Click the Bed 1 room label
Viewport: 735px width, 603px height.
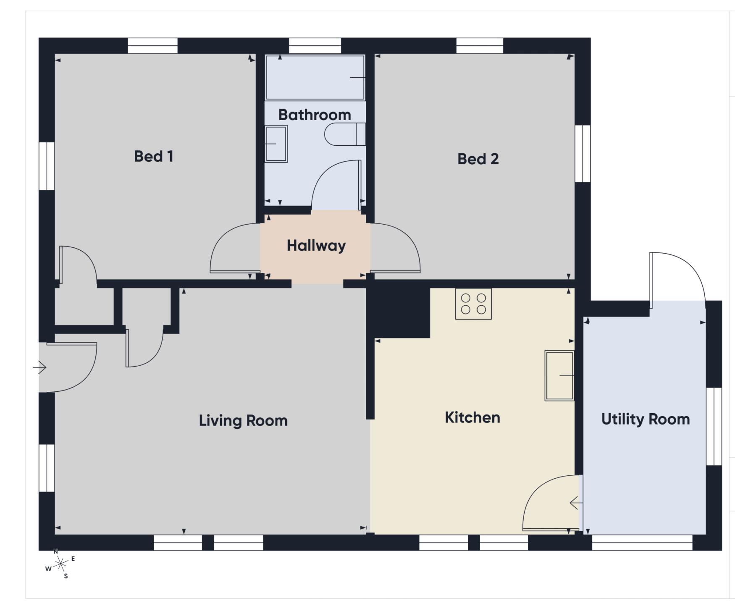(x=153, y=156)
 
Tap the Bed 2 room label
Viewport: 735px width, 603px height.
(x=478, y=159)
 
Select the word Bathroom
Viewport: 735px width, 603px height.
(x=315, y=115)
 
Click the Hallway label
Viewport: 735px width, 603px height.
(x=316, y=245)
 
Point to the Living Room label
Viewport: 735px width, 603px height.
(x=243, y=420)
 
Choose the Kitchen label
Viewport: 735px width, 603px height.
(x=472, y=417)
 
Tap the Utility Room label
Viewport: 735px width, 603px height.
(x=646, y=419)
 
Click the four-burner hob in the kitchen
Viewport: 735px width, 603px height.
(x=473, y=304)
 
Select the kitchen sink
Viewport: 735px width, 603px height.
(x=559, y=376)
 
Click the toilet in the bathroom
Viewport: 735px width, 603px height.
(x=345, y=134)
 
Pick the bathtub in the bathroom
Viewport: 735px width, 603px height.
(x=315, y=78)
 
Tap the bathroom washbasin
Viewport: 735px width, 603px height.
(x=276, y=144)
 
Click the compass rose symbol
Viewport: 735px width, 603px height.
(x=61, y=564)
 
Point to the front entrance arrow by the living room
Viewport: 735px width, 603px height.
(x=39, y=367)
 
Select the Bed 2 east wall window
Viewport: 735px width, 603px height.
(x=583, y=154)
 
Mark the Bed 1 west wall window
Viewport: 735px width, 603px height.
(x=47, y=166)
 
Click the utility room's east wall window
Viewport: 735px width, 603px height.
(x=714, y=427)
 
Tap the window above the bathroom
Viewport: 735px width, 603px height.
(x=315, y=46)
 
